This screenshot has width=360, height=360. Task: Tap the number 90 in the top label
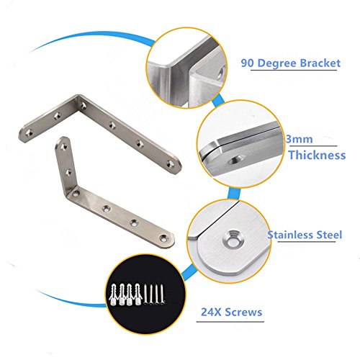click(248, 63)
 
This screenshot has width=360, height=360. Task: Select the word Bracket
click(320, 63)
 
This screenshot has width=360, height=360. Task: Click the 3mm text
click(300, 139)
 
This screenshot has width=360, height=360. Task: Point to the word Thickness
click(317, 155)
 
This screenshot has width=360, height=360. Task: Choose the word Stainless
click(290, 235)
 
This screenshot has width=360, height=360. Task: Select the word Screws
click(243, 312)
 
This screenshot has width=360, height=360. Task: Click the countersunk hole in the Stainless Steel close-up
click(233, 239)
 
